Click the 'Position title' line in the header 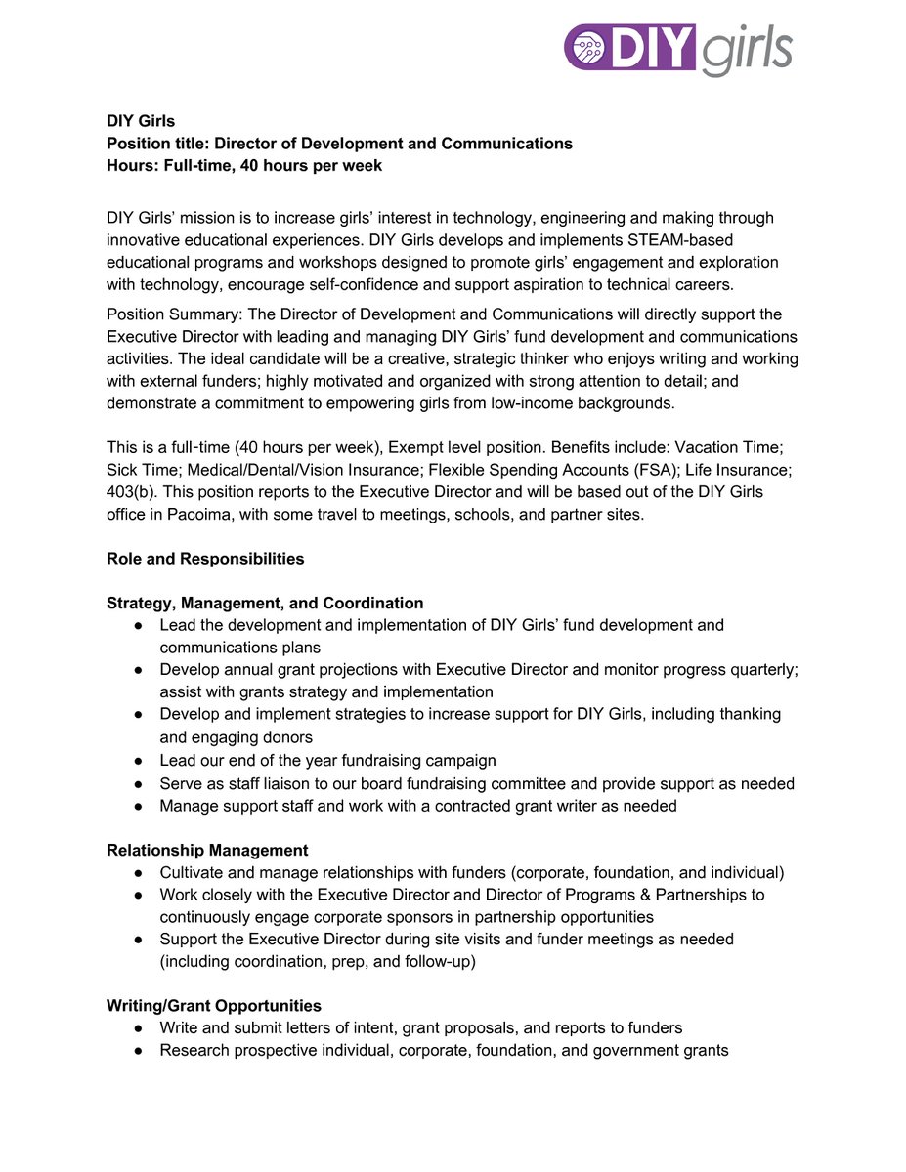[339, 144]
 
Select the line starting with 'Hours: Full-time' [244, 166]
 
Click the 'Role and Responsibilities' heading [205, 560]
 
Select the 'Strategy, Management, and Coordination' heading [265, 604]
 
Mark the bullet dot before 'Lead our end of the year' [140, 761]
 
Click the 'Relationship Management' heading [207, 851]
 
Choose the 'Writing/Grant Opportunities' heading [213, 1006]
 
